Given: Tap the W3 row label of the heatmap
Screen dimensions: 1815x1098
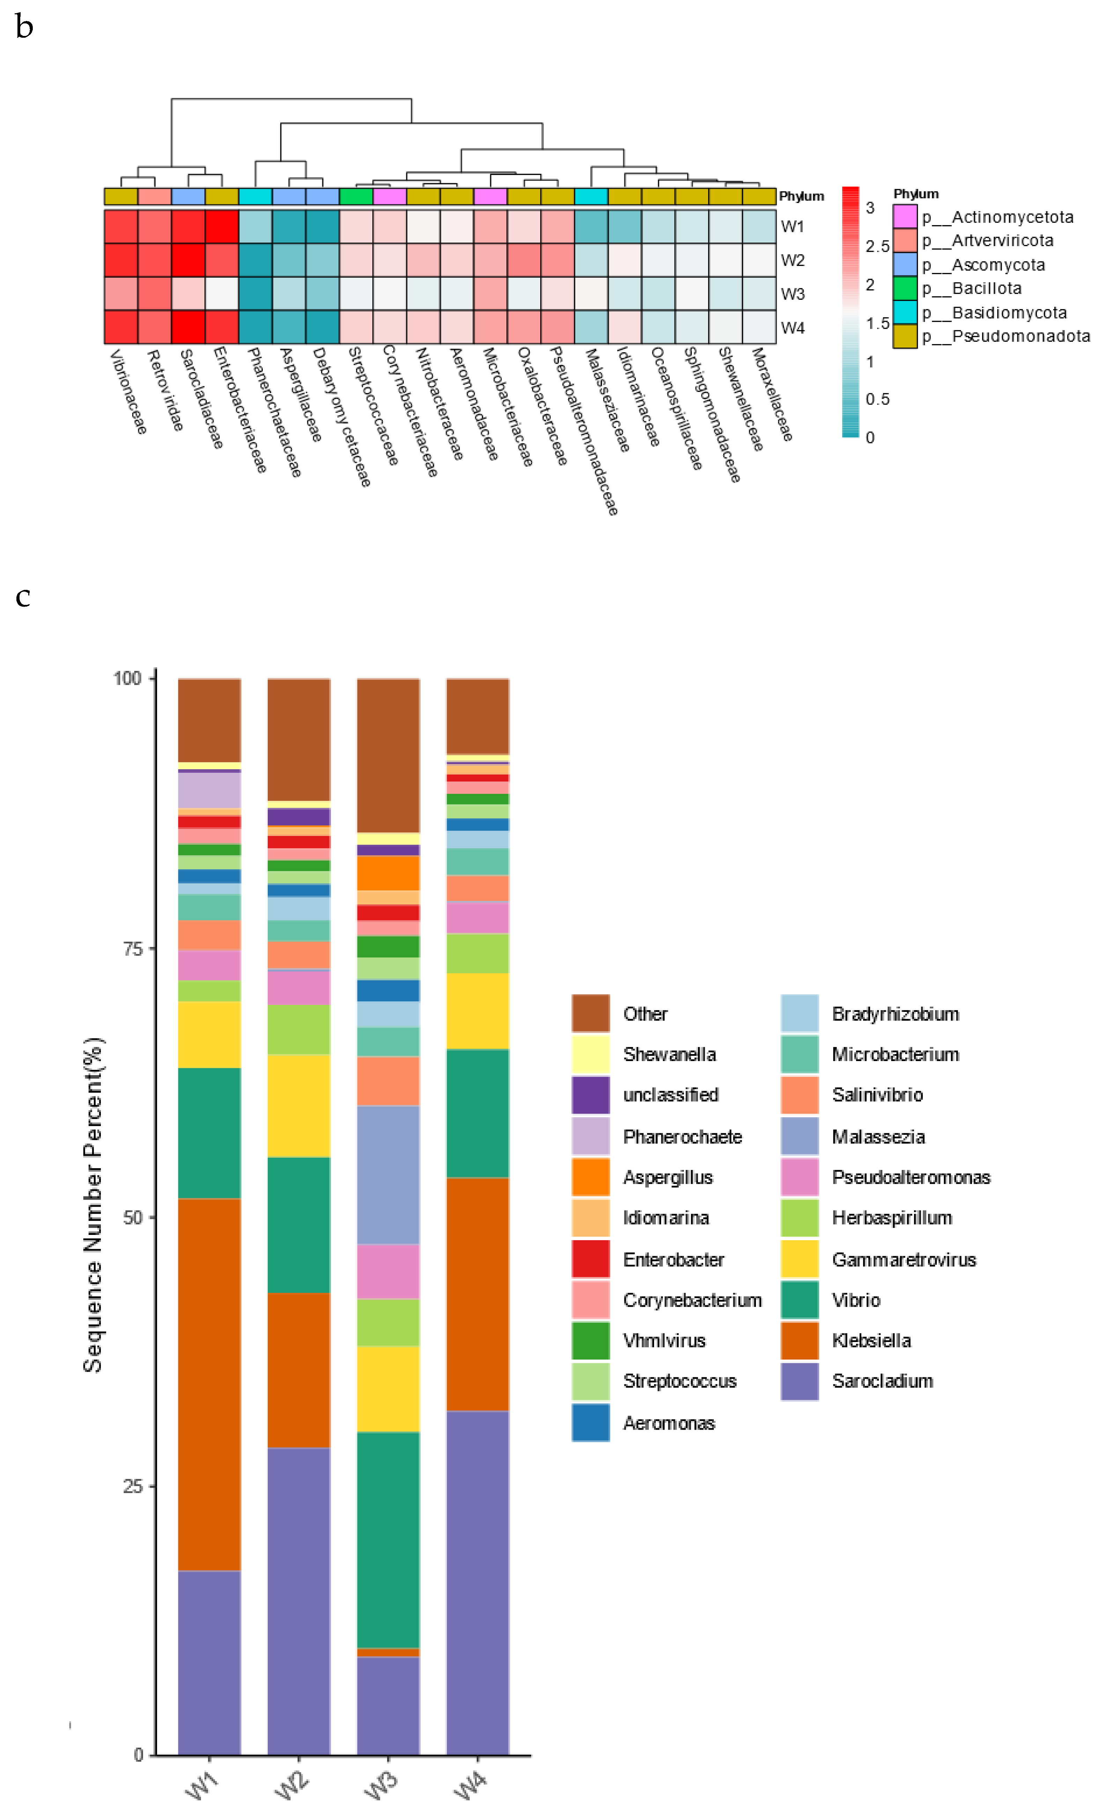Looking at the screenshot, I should pyautogui.click(x=792, y=294).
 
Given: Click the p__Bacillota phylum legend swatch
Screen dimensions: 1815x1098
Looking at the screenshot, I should pyautogui.click(x=904, y=288).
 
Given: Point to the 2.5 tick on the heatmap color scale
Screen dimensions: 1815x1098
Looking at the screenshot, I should pyautogui.click(x=876, y=246).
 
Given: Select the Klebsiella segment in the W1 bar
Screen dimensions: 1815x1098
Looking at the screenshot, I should pyautogui.click(x=209, y=1385).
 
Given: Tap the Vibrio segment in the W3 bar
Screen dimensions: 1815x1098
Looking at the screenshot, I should pyautogui.click(x=388, y=1540).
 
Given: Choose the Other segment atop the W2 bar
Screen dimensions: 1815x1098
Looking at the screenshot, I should pyautogui.click(x=298, y=739).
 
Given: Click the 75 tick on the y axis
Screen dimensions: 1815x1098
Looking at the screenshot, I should pyautogui.click(x=133, y=948).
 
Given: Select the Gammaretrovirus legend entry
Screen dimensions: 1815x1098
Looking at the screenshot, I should pyautogui.click(x=904, y=1260).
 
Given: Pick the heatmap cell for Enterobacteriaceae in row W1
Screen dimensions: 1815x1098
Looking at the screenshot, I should pyautogui.click(x=222, y=226).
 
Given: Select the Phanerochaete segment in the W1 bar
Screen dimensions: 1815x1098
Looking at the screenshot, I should pyautogui.click(x=209, y=790).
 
